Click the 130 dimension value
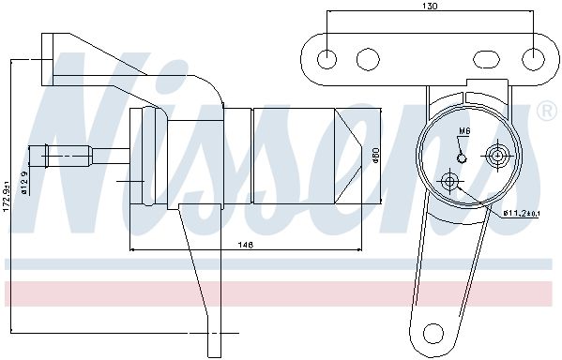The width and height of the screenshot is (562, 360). coord(430,7)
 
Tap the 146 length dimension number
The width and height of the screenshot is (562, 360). coord(246,245)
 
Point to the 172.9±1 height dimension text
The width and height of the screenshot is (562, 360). coord(7,198)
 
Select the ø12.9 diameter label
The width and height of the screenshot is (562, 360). coord(25,183)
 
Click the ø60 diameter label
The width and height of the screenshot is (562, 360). coord(375,156)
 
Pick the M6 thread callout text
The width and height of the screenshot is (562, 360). coord(464,131)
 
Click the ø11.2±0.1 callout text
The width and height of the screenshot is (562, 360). coord(522,214)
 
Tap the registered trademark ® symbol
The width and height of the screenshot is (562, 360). coord(547,112)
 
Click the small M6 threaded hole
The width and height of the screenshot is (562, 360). coord(462,157)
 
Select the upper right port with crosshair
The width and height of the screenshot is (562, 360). coord(498,156)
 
